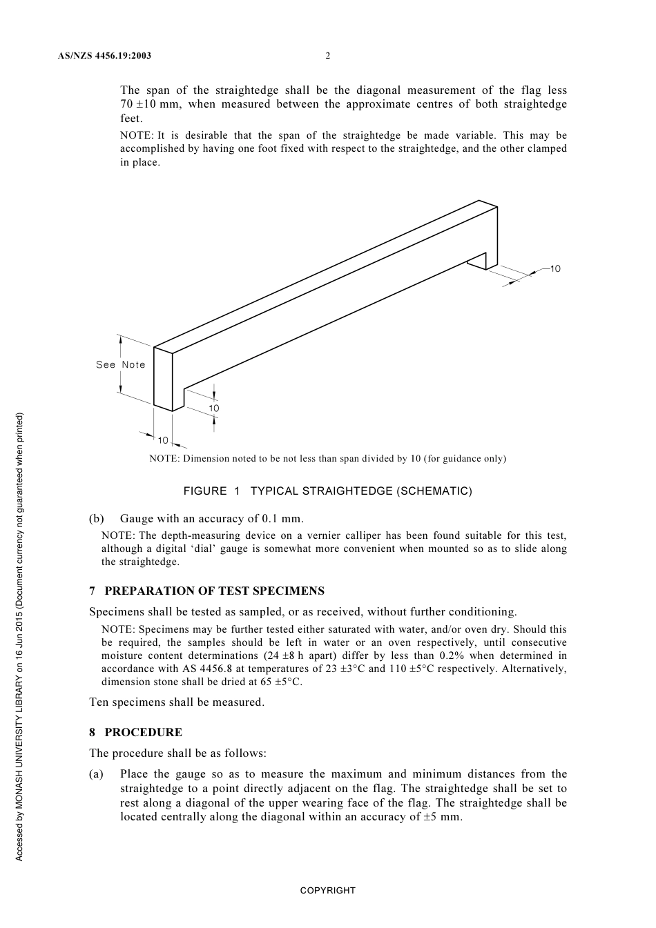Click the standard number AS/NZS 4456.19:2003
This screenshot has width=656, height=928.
pos(104,56)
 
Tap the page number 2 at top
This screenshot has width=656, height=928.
pos(328,56)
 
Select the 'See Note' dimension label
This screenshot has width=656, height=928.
pos(121,364)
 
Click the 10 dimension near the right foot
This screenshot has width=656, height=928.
pos(555,268)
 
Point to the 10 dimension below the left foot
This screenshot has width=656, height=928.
pos(163,440)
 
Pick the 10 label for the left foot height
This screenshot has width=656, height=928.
pos(214,408)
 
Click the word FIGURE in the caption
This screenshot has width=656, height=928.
pos(205,491)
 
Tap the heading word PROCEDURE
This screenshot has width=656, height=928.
pos(144,732)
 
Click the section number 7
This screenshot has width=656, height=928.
pos(93,591)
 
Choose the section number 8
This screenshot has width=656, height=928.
pos(93,732)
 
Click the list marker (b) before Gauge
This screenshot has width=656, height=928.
pos(97,518)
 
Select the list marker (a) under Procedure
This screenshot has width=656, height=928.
pos(97,774)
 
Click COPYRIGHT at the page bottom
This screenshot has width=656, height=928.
pos(328,891)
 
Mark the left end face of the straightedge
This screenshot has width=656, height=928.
pos(163,379)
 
